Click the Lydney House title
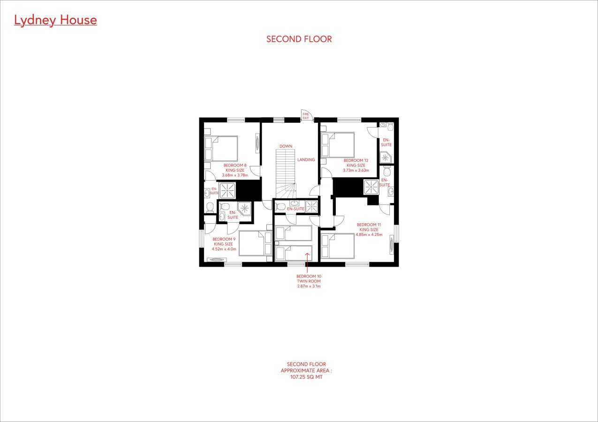[x=55, y=20]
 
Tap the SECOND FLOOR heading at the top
[x=299, y=39]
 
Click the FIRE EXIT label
[x=306, y=116]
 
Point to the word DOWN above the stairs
[x=286, y=146]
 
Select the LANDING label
[x=306, y=159]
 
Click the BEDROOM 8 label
[x=235, y=165]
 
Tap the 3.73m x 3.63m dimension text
[x=356, y=170]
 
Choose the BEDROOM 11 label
[x=369, y=225]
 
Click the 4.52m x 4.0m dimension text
[x=224, y=249]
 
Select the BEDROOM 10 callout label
[x=309, y=276]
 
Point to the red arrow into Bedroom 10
[x=307, y=263]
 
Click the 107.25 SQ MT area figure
[x=306, y=377]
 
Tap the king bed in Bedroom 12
[x=338, y=145]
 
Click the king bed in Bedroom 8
[x=221, y=149]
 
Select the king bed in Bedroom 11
[x=338, y=246]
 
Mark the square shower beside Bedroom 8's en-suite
[x=227, y=190]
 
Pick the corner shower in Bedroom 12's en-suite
[x=386, y=157]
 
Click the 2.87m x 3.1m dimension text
[x=309, y=286]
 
